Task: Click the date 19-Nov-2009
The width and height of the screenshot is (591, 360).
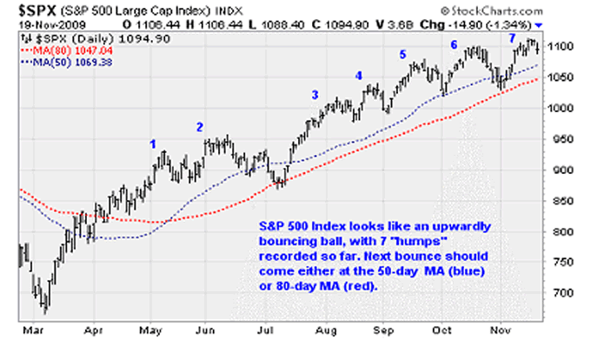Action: click(x=40, y=25)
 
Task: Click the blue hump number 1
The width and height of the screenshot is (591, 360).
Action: click(x=153, y=143)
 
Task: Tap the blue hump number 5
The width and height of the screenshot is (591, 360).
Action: click(x=402, y=55)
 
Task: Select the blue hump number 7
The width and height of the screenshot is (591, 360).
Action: click(x=512, y=39)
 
